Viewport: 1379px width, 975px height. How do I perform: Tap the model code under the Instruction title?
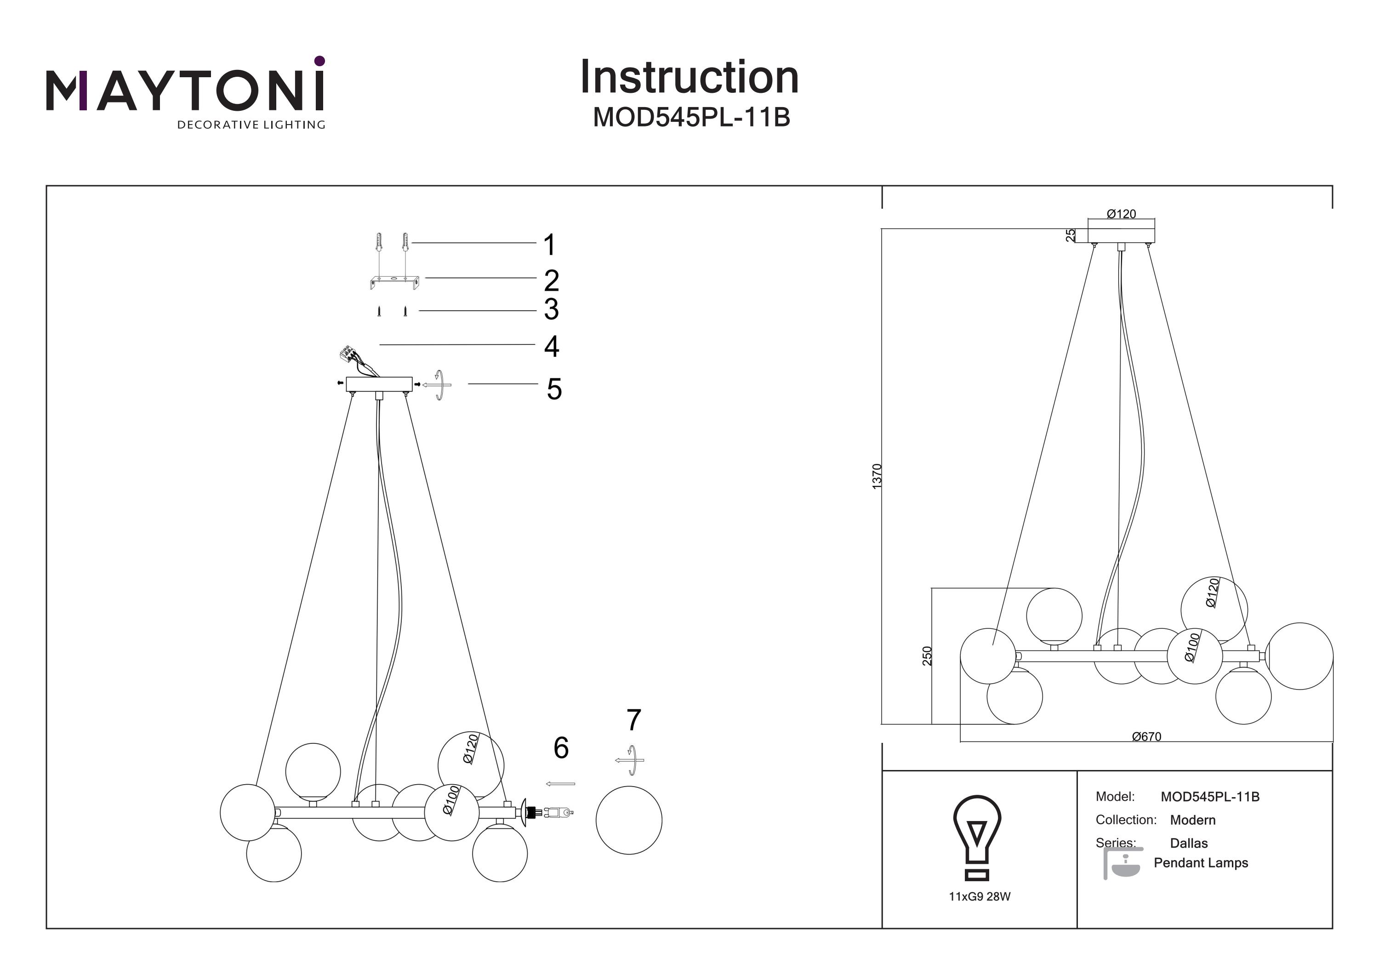coord(691,118)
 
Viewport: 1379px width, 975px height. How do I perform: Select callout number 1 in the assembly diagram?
coord(549,245)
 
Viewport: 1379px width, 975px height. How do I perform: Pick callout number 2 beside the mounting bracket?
coord(551,280)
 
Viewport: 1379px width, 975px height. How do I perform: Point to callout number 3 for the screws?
coord(551,309)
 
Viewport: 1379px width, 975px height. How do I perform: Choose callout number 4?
coord(551,347)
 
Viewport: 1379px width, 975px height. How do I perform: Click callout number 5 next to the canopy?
coord(553,389)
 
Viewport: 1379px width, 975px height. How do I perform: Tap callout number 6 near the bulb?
coord(560,748)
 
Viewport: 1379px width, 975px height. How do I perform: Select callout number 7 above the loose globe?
coord(633,720)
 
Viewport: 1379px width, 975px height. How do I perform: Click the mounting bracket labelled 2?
coord(394,281)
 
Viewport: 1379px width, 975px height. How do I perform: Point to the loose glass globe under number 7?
coord(628,820)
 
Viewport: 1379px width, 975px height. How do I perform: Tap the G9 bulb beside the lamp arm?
coord(558,813)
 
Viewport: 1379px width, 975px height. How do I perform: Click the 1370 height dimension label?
coord(877,476)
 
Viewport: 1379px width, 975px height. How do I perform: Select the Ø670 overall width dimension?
coord(1146,736)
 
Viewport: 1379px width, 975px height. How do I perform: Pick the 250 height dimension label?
coord(927,656)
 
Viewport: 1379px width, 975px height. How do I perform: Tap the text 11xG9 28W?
coord(979,896)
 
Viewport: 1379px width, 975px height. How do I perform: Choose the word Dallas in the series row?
coord(1189,843)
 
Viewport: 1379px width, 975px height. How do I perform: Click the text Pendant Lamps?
coord(1201,863)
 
